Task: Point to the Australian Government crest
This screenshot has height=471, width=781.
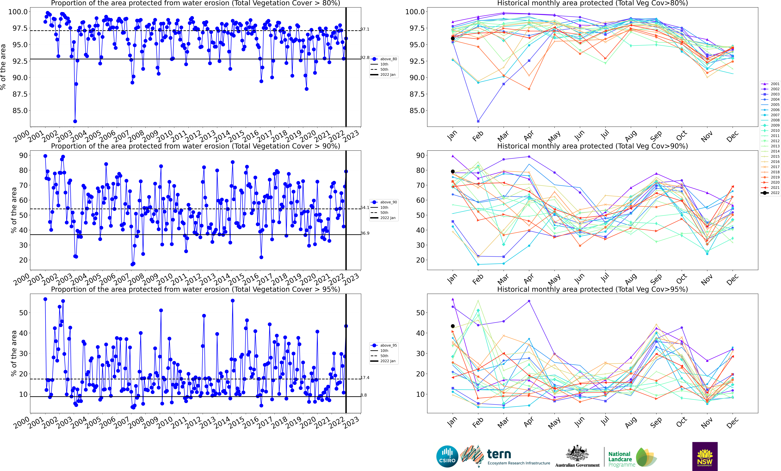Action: click(x=577, y=454)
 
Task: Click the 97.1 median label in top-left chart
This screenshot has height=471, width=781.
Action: click(x=365, y=29)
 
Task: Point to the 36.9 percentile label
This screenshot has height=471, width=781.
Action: click(x=365, y=233)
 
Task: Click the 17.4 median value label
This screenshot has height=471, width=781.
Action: click(x=365, y=378)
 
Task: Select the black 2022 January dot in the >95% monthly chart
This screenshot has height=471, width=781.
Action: click(x=453, y=326)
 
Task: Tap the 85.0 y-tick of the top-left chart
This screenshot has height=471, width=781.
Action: click(x=20, y=111)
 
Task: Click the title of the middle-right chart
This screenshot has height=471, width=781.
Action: click(x=592, y=146)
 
